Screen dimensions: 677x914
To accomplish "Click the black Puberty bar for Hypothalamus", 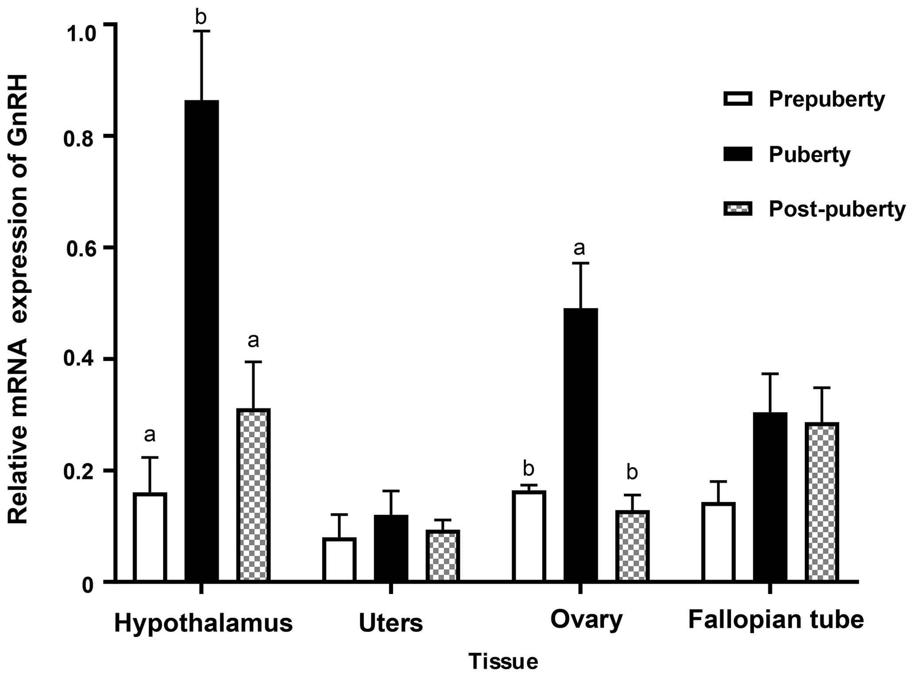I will pyautogui.click(x=201, y=340).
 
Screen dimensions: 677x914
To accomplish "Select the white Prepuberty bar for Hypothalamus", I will pyautogui.click(x=150, y=536).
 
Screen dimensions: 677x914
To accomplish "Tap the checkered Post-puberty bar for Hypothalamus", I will pyautogui.click(x=253, y=494).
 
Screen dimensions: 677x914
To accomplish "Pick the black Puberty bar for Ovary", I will pyautogui.click(x=581, y=444).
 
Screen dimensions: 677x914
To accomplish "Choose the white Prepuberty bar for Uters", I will pyautogui.click(x=339, y=559).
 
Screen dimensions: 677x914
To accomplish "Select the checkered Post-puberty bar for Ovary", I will pyautogui.click(x=632, y=546).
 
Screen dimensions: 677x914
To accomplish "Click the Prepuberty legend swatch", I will pyautogui.click(x=738, y=99).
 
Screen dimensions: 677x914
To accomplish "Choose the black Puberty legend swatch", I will pyautogui.click(x=738, y=154).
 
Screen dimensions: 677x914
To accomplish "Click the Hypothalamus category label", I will pyautogui.click(x=203, y=624).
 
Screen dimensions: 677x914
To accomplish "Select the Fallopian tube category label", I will pyautogui.click(x=776, y=620).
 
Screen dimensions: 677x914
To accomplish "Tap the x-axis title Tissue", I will pyautogui.click(x=503, y=662).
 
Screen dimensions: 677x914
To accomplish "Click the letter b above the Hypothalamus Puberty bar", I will pyautogui.click(x=201, y=17).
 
